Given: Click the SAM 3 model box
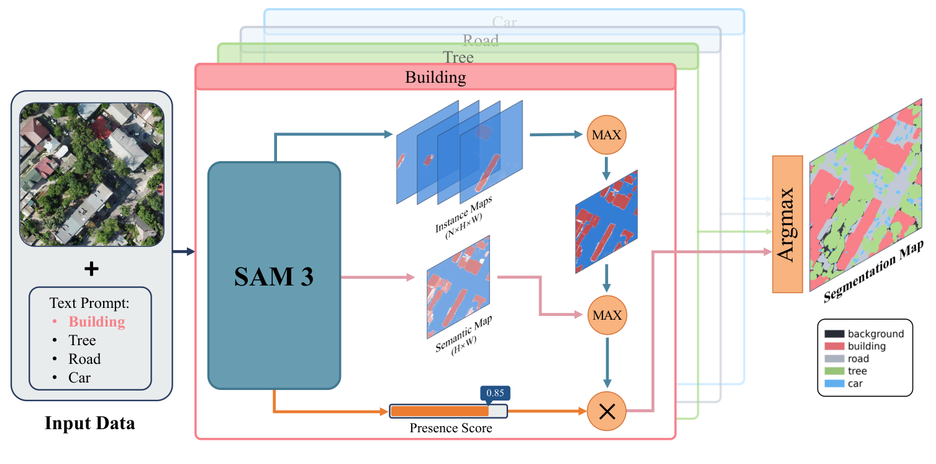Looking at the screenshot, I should [274, 276].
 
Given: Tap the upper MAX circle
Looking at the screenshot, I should [607, 135].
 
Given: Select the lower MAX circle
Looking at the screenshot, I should [607, 315].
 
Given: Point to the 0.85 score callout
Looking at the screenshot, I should [495, 393].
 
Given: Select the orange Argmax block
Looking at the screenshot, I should [788, 224].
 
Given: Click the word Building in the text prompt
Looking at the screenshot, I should [96, 322].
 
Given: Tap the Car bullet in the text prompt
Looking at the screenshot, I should [79, 378].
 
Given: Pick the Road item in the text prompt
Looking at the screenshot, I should [84, 359].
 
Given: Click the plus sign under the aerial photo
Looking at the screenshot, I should [91, 269].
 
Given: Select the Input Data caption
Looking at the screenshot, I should [89, 424].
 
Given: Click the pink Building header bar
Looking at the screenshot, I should [435, 78].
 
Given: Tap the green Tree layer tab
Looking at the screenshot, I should [458, 58].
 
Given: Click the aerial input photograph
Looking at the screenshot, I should [91, 174].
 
